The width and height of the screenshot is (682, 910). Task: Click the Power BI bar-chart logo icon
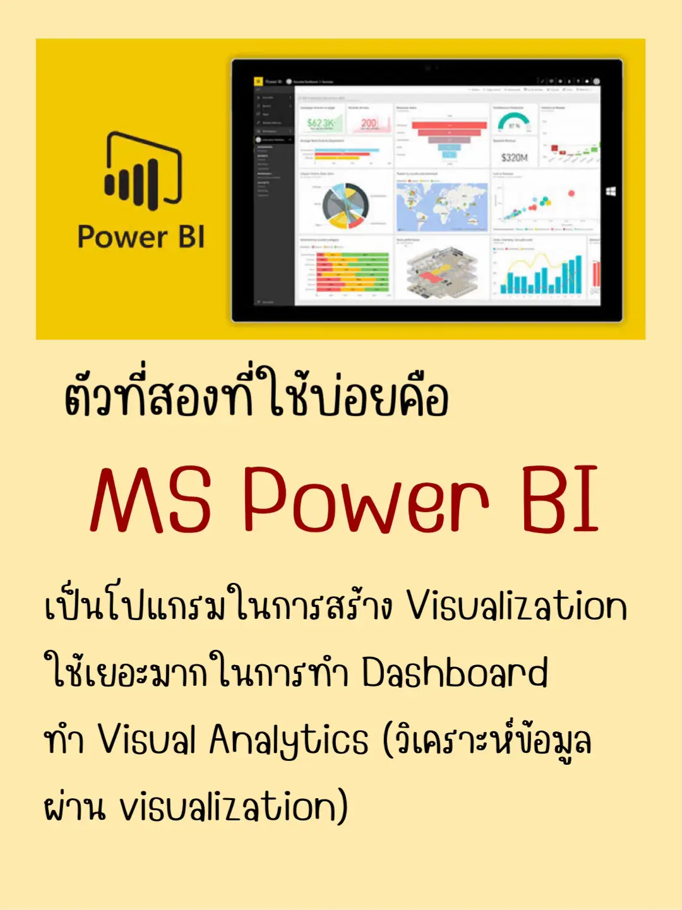[x=143, y=171]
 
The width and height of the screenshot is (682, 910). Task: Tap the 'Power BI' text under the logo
[x=141, y=237]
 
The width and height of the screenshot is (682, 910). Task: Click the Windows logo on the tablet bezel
[x=611, y=191]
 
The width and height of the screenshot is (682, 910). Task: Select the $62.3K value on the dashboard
[x=320, y=123]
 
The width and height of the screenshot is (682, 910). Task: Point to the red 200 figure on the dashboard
[x=369, y=123]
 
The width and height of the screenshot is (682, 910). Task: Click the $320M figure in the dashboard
[x=514, y=157]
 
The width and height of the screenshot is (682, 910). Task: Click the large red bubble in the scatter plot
[x=571, y=193]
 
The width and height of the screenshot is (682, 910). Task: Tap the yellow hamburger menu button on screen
[x=258, y=81]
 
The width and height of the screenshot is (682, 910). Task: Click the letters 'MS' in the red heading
[x=151, y=500]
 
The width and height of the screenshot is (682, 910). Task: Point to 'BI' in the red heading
[x=559, y=500]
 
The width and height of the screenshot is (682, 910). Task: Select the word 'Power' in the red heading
[x=366, y=500]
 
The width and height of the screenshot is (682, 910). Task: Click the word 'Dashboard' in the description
[x=454, y=673]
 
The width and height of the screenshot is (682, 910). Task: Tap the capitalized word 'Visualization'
[x=516, y=606]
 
